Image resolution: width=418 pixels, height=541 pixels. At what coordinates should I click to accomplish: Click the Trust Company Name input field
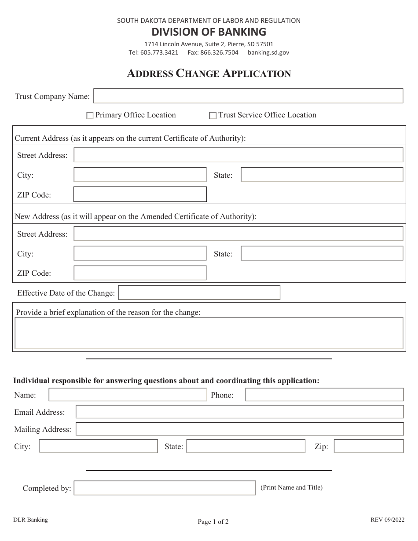coord(248,96)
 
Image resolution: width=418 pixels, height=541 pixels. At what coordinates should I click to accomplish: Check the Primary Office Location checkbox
coord(90,116)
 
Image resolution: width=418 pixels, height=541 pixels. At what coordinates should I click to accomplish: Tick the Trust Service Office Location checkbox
coord(213,116)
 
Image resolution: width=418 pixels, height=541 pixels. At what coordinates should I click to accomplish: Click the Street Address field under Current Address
coord(238,155)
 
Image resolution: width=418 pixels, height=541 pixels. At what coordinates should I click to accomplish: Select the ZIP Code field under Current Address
coord(140,194)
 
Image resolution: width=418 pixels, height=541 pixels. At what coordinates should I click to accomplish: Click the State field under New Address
coord(322,253)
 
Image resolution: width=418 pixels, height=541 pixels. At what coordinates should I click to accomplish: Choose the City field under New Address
coord(140,253)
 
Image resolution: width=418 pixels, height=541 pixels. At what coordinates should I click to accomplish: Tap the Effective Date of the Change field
coord(199,292)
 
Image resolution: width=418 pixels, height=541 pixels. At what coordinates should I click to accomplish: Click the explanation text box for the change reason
coord(209,333)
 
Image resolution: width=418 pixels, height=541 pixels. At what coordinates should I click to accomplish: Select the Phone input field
coord(324,395)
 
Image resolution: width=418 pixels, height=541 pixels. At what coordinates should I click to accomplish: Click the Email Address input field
coord(239,412)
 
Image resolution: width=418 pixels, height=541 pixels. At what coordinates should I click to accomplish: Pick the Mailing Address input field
coord(239,429)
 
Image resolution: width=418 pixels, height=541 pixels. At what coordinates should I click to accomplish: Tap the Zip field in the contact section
coord(369,446)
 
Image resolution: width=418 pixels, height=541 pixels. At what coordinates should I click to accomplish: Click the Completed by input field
coord(165,488)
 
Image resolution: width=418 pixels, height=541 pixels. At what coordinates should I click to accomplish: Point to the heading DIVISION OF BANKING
coord(209,32)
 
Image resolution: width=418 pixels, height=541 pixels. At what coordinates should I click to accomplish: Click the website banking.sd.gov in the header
coord(268,52)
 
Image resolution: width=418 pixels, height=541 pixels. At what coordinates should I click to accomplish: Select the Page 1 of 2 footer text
coord(213,522)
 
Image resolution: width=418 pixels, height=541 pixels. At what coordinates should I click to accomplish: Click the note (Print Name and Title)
coord(291,487)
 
